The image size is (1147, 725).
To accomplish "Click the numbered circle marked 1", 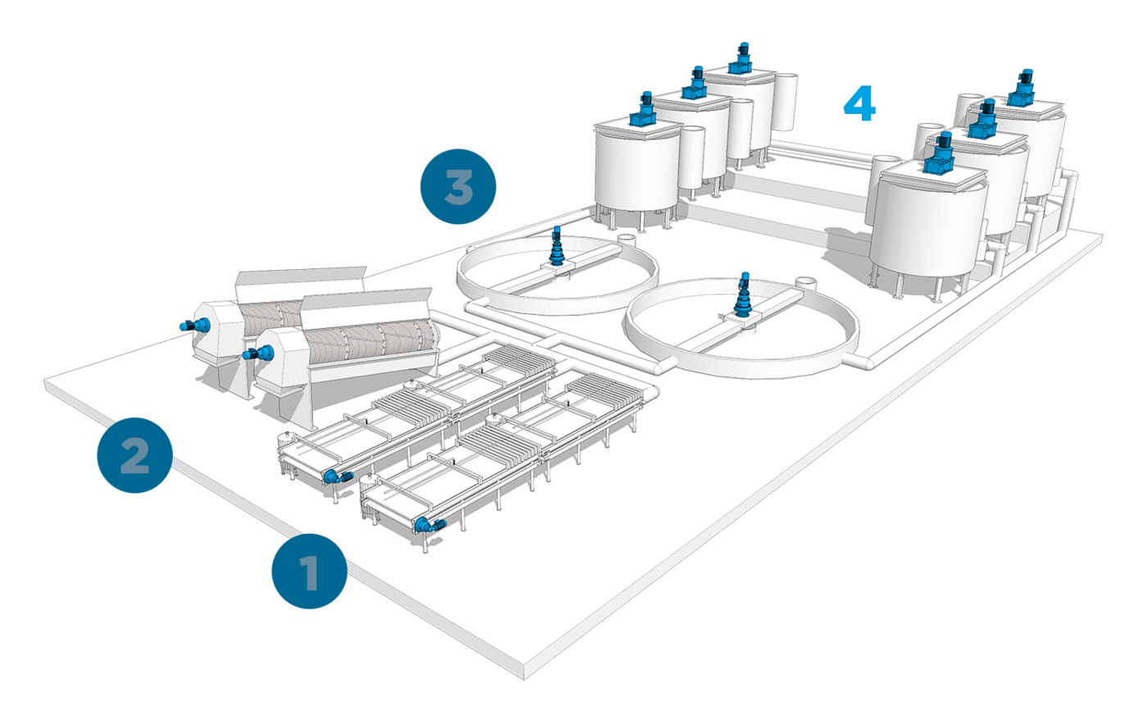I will tap(310, 572).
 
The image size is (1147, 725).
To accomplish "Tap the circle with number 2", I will tap(134, 455).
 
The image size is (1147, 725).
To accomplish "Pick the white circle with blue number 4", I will tap(860, 104).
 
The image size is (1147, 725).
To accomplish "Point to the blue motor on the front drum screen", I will tap(261, 353).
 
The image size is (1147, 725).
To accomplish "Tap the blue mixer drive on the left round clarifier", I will tap(557, 245).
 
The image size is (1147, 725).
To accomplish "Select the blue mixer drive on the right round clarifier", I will tap(744, 296).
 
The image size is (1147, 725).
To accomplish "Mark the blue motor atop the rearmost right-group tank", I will tap(1024, 87).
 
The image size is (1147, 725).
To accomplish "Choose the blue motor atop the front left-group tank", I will tap(642, 108).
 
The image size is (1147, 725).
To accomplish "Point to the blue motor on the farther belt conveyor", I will tap(337, 476).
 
